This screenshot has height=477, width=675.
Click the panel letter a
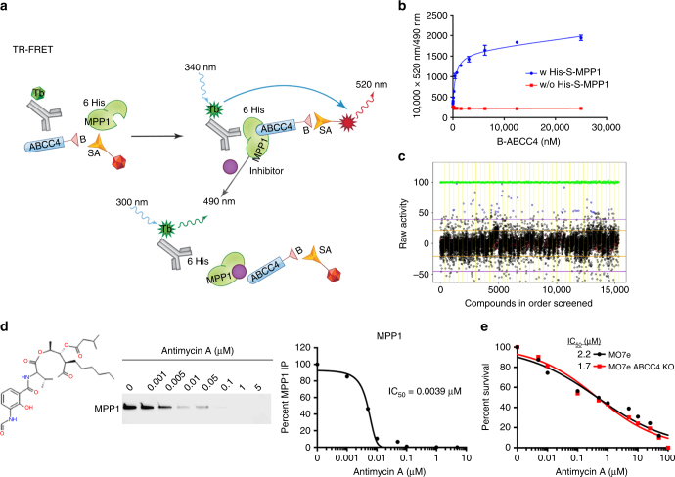point(8,7)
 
